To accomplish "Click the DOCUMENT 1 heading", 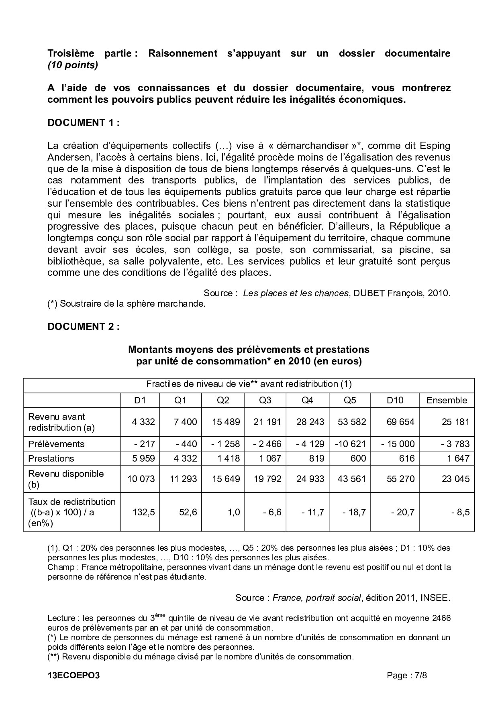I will [83, 123].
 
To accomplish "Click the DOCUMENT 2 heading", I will [83, 327].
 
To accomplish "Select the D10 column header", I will [395, 400].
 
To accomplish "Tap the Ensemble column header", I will [447, 400].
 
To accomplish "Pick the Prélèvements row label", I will [56, 444].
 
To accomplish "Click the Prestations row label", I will [51, 458].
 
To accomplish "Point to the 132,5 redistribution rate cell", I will [141, 512].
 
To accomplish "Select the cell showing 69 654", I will [400, 422].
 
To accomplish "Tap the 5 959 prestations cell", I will [141, 458].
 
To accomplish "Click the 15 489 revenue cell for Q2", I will [226, 422].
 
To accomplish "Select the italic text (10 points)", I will [73, 65].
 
